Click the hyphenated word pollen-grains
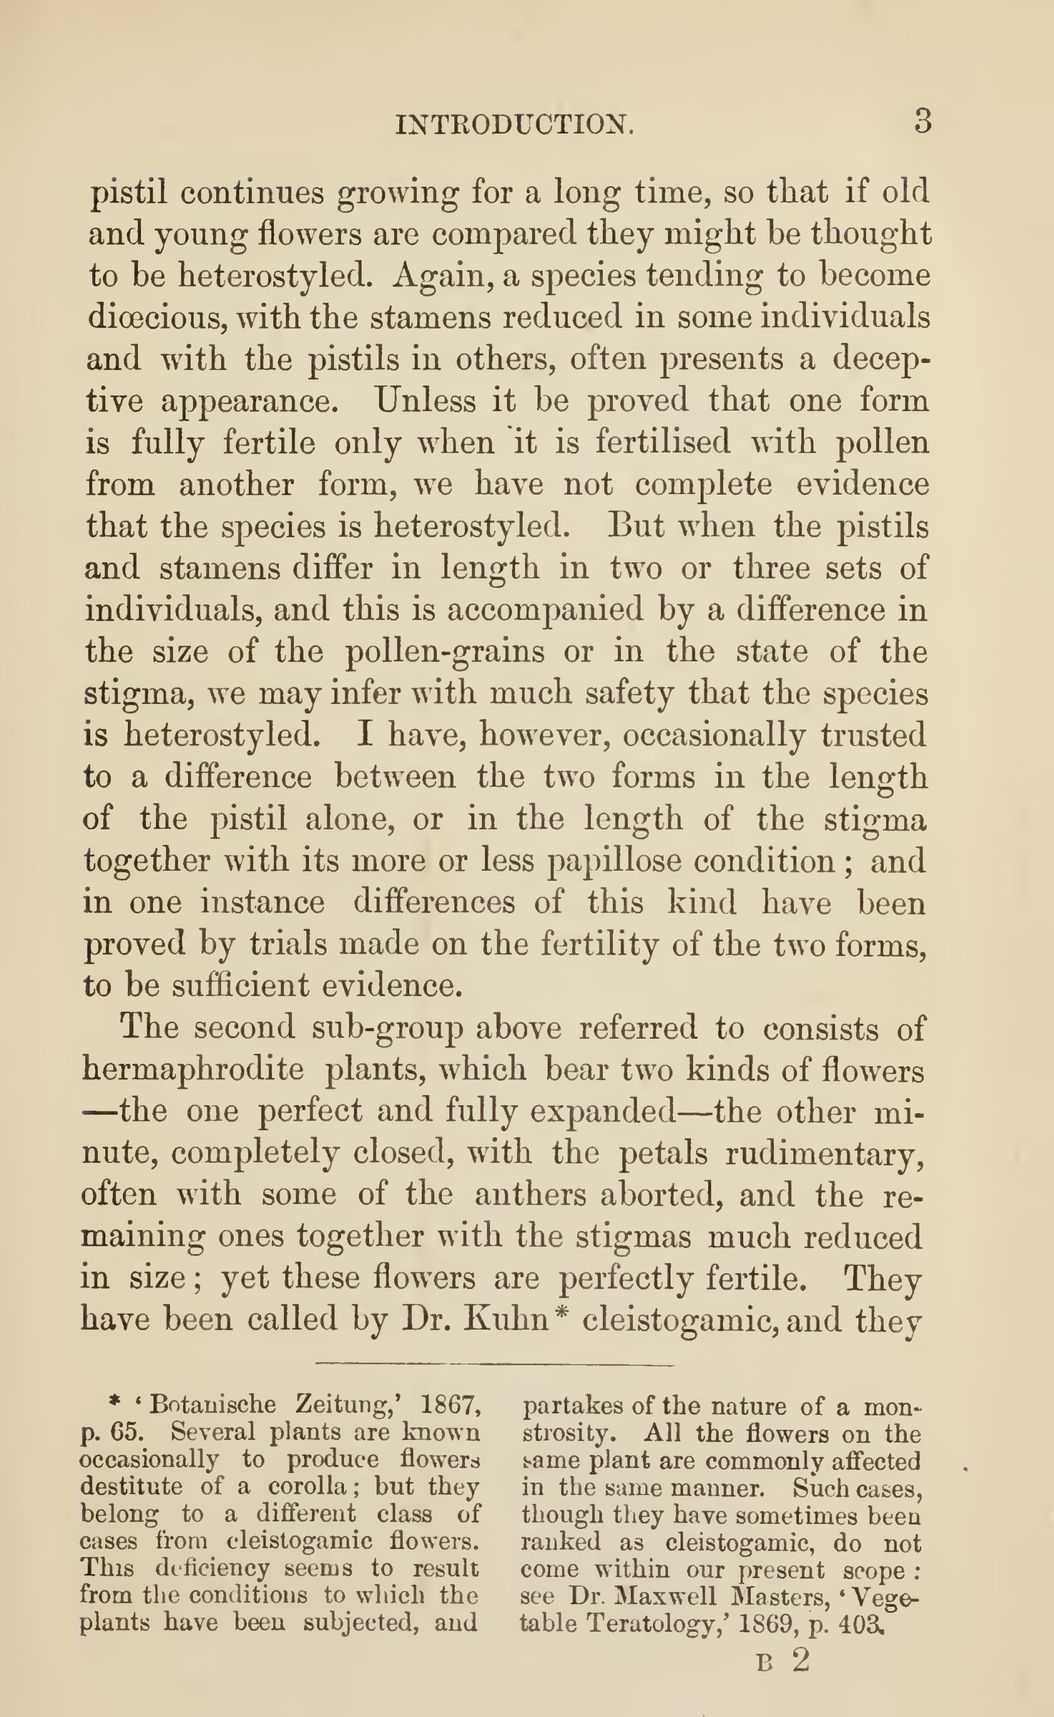[x=445, y=651]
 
